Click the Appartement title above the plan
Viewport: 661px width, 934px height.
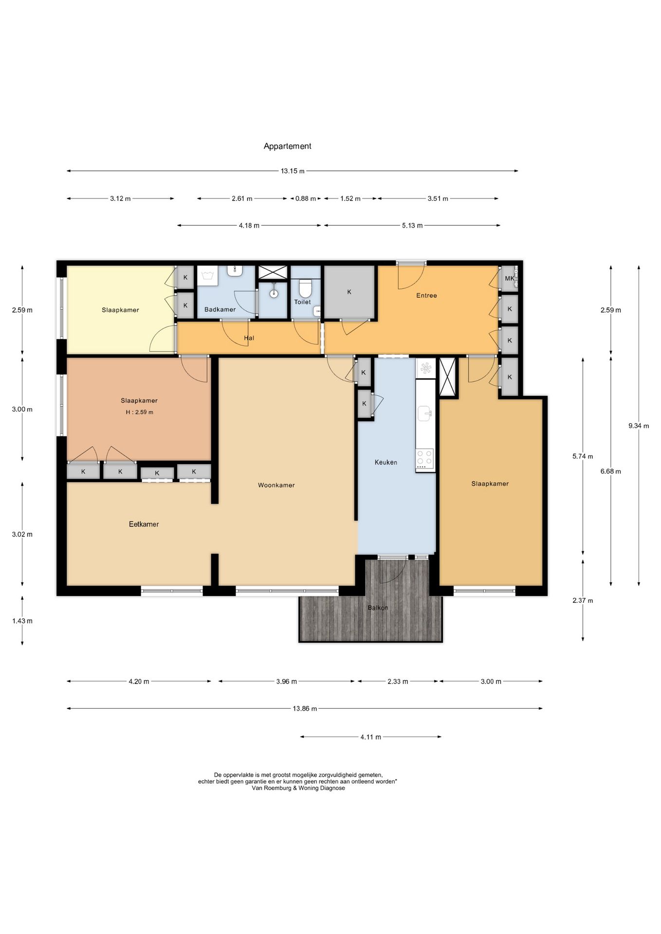[x=287, y=146]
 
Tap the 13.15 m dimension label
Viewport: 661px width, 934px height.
[x=293, y=171]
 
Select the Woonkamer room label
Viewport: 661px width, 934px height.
[x=276, y=485]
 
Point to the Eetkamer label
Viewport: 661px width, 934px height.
[x=144, y=524]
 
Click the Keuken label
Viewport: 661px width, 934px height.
[x=386, y=462]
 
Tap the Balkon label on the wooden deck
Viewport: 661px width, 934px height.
[x=378, y=608]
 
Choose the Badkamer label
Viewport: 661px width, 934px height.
[x=220, y=309]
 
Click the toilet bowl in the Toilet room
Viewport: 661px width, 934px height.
[x=305, y=288]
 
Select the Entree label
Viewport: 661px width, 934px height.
[x=426, y=295]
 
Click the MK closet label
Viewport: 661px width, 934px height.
[x=509, y=278]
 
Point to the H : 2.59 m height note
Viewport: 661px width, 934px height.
[x=139, y=412]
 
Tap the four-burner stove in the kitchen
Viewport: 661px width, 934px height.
[x=424, y=458]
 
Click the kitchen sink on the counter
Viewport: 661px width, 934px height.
[x=425, y=414]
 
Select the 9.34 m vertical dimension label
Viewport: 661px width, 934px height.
[x=639, y=426]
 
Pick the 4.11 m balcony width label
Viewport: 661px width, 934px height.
[x=371, y=737]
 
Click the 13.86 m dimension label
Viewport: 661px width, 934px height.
[x=305, y=709]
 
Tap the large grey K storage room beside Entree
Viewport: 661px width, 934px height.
[x=349, y=292]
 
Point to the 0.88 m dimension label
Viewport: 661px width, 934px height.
[x=306, y=198]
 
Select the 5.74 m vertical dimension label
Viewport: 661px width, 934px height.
[x=583, y=456]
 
